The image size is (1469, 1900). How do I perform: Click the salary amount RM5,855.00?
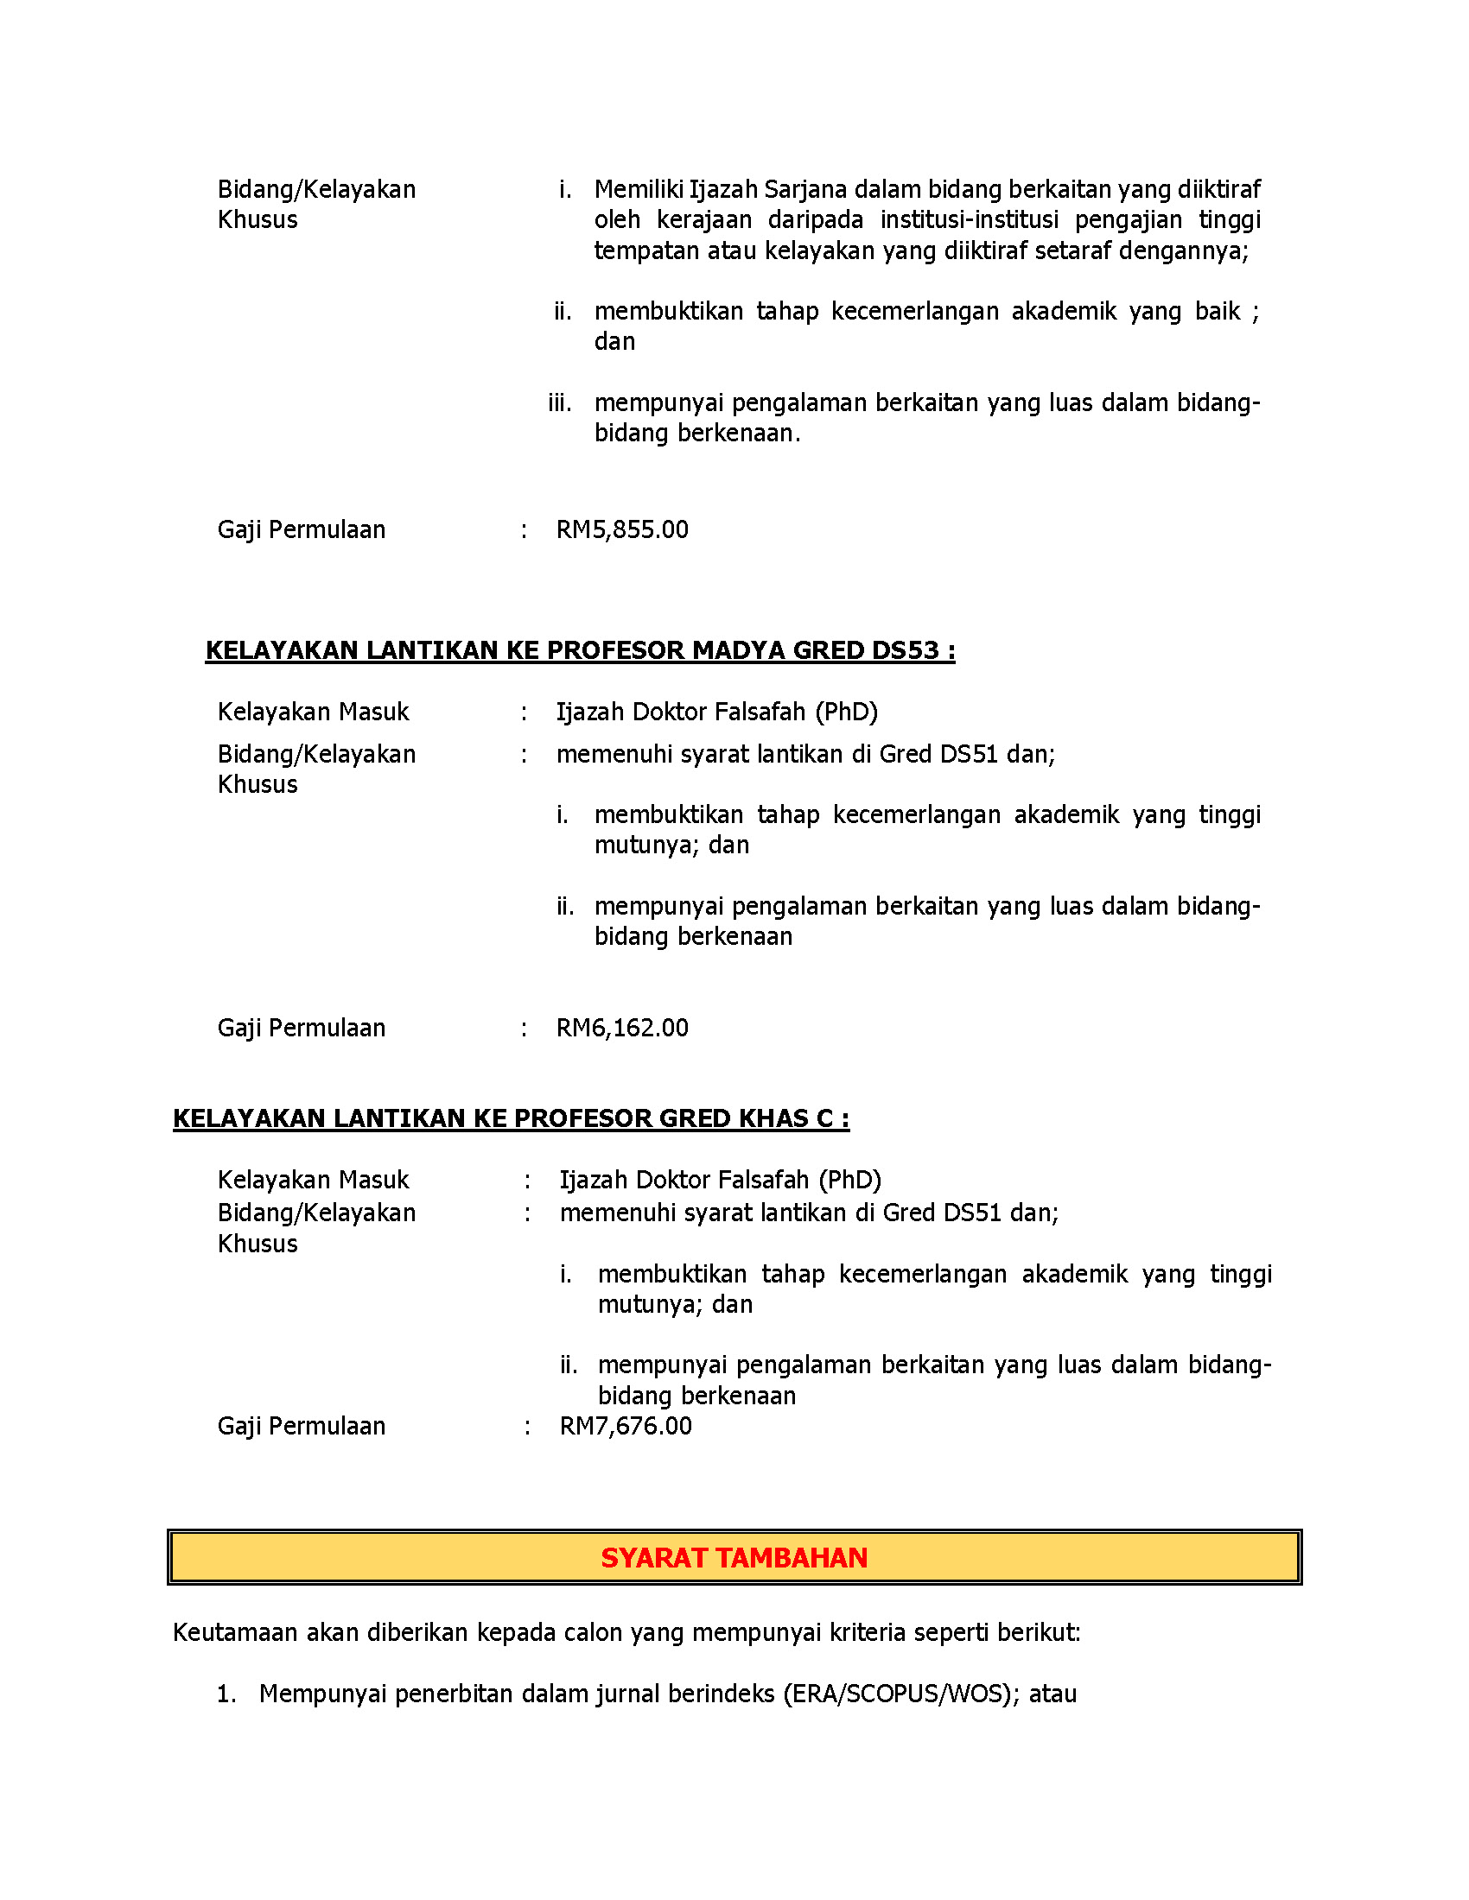point(621,529)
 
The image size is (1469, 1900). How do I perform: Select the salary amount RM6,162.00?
point(621,1029)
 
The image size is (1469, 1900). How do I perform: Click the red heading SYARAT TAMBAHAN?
point(734,1558)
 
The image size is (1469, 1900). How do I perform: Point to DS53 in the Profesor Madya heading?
point(905,650)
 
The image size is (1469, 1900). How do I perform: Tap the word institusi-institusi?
point(969,220)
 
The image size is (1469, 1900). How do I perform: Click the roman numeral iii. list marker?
point(560,403)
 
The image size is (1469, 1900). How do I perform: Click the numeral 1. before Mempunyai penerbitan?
point(226,1694)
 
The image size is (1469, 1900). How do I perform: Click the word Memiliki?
point(638,190)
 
